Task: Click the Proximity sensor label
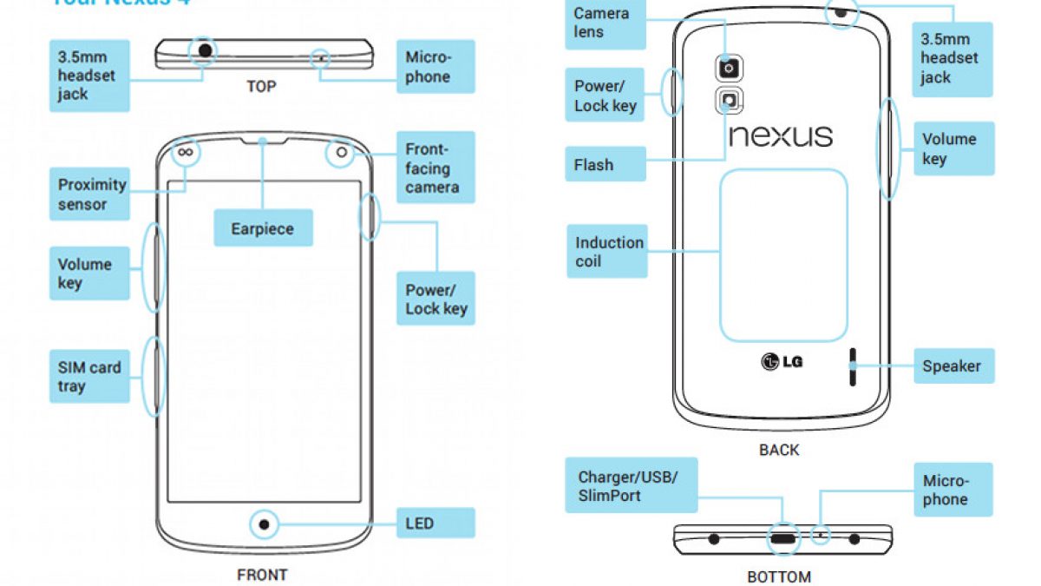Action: (x=91, y=194)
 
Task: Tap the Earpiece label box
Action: (x=262, y=229)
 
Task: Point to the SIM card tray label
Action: (x=90, y=377)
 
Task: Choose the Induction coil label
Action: (x=608, y=252)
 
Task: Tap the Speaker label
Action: (x=953, y=366)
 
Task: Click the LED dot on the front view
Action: (x=264, y=524)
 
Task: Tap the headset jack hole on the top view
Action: (x=205, y=51)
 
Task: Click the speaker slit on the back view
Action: (x=852, y=367)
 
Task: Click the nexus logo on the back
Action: (x=780, y=135)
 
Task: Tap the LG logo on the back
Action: (x=782, y=360)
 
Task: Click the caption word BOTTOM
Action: (x=778, y=576)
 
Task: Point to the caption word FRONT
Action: (x=262, y=574)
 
